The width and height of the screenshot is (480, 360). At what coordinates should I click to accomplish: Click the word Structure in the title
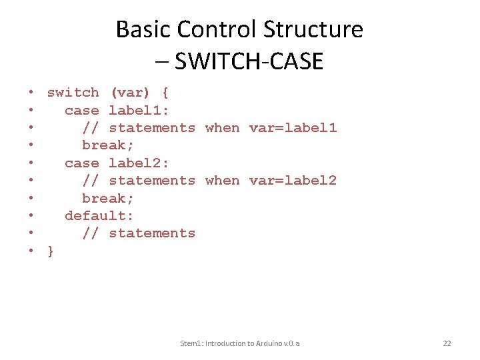coord(313,30)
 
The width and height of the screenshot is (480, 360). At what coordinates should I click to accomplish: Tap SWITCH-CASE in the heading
coord(248,61)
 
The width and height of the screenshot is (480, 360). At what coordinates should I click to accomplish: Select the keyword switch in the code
coord(73,93)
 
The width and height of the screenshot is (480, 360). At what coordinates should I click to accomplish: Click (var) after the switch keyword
coord(130,93)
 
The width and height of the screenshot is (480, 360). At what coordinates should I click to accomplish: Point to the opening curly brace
coord(165,93)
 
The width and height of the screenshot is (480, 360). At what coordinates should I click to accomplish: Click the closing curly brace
coord(51,251)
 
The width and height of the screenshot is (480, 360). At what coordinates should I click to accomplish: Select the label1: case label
coord(139,110)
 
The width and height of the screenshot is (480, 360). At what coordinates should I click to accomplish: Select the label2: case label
coord(139,163)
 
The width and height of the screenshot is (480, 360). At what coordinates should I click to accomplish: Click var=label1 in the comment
coord(293,127)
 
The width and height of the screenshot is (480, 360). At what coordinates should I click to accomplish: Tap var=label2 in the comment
coord(293,180)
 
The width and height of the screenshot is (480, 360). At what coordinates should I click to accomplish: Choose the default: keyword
coord(99,215)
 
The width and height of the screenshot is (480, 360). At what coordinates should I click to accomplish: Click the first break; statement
coord(108,145)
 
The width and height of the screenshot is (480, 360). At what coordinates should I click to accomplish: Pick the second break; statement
coord(108,198)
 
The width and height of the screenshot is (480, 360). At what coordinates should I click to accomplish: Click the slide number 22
coord(447,343)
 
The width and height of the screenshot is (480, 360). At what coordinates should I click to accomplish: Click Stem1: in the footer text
coord(193,343)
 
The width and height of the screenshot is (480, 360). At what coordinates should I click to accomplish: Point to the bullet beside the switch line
coord(31,93)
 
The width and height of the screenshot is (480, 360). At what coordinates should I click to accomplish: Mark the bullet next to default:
coord(31,215)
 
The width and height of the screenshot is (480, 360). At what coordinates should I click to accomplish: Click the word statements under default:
coord(152,233)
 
